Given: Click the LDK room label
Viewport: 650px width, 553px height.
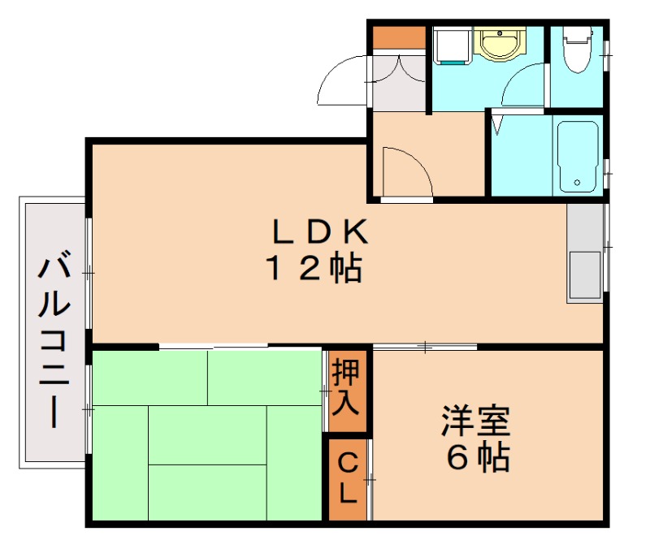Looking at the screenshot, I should coord(320,233).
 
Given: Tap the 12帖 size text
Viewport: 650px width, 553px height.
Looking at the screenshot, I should coord(314,268).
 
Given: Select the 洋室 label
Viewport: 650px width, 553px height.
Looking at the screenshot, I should coord(476,422).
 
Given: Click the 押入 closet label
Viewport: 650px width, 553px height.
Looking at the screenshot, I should coord(347,390).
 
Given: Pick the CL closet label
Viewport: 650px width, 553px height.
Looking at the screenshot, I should coord(347,479).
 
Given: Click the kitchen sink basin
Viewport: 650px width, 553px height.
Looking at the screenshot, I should coord(584,274).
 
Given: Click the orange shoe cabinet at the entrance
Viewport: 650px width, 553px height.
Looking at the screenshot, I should coord(399,37).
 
